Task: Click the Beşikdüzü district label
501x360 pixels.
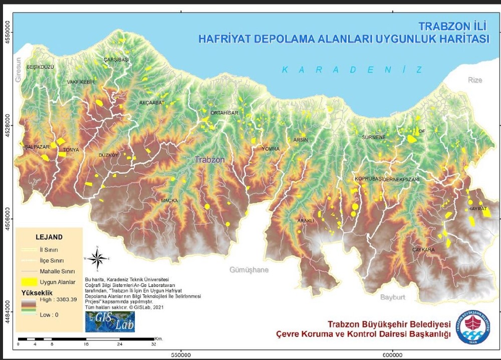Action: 40,67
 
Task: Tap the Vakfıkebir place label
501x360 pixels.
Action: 81,82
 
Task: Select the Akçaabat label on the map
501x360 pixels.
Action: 152,103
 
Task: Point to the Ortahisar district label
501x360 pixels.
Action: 224,113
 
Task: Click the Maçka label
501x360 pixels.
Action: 169,201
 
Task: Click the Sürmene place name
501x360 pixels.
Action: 374,137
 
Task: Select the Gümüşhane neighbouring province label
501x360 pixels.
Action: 249,270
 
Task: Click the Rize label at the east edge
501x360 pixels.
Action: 474,80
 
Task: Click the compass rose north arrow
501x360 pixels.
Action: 97,258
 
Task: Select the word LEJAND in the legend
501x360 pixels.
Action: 49,237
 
